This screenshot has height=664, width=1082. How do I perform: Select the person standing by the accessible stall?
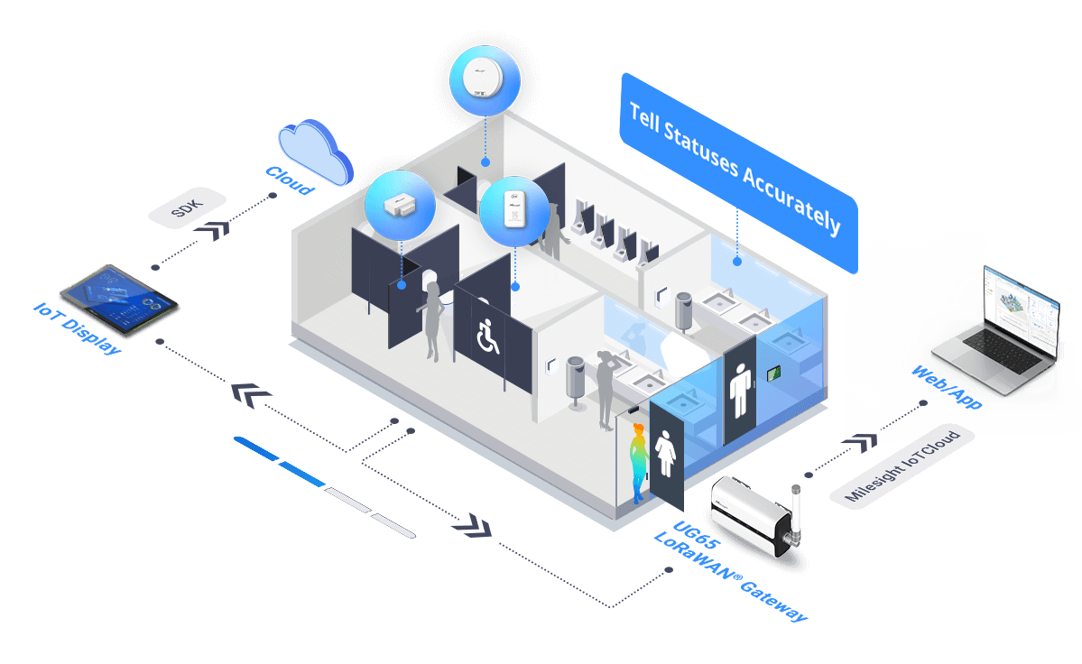(x=432, y=320)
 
